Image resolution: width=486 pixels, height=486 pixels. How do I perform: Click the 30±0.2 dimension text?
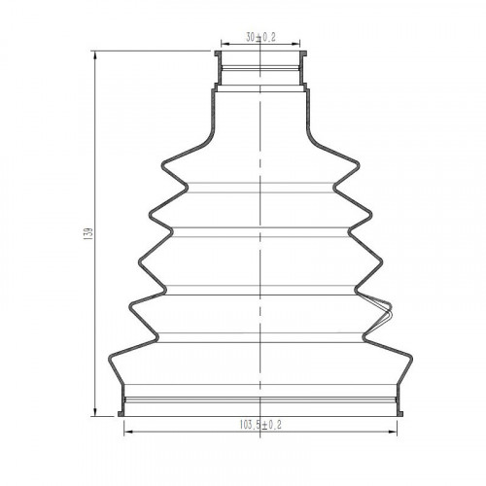tap(260, 38)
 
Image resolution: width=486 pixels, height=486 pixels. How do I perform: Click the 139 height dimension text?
tap(88, 233)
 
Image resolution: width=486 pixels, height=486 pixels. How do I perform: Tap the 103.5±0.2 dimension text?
tap(260, 425)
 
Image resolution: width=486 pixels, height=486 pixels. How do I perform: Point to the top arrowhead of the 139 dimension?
tap(95, 55)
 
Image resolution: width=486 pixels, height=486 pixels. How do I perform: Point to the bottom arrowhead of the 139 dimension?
tap(95, 411)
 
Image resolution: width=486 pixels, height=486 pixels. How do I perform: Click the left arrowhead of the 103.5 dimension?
tap(128, 432)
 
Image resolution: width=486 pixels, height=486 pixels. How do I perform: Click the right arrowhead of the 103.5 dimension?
tap(393, 432)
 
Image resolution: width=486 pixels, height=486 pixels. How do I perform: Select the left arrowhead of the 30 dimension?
tap(226, 44)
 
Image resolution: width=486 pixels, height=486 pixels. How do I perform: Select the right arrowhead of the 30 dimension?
tap(295, 44)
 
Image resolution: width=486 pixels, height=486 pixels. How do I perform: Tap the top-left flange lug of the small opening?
tap(218, 53)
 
